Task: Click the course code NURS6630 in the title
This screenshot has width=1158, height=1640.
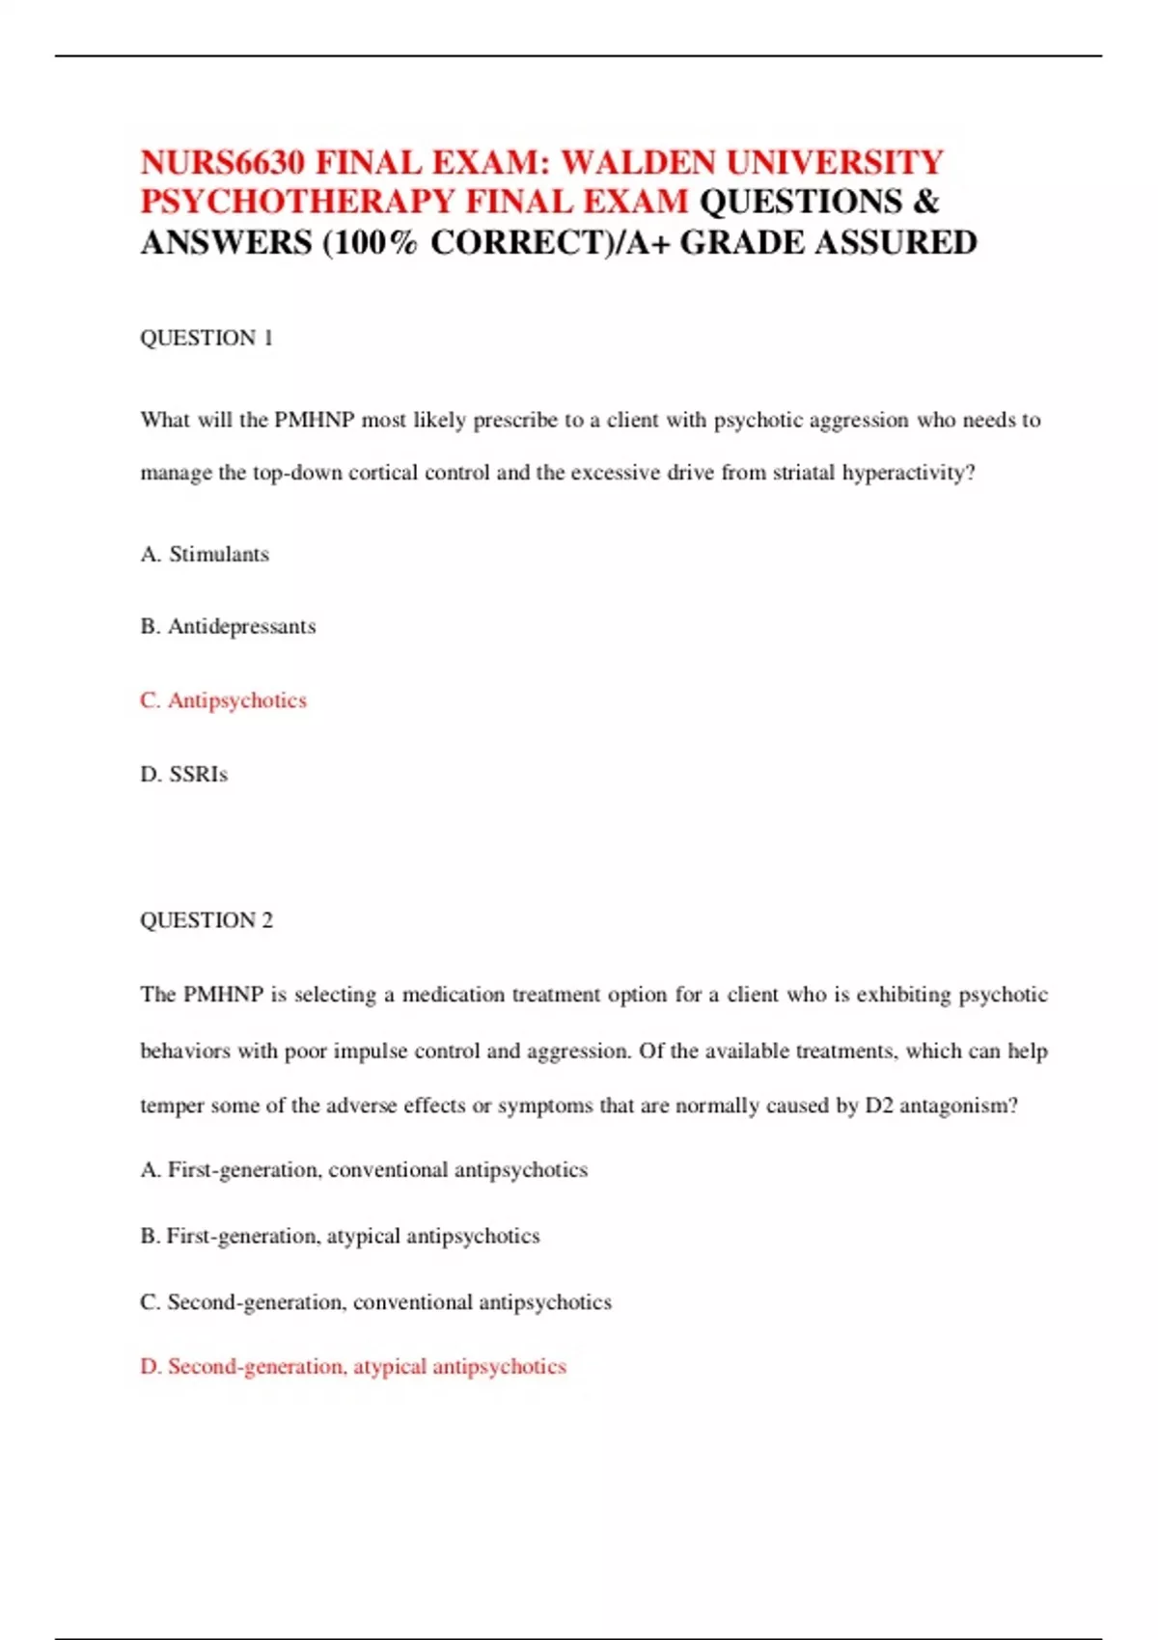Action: [223, 162]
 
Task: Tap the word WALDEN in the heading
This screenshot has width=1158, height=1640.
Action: [638, 162]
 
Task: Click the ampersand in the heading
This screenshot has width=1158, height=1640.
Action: [925, 202]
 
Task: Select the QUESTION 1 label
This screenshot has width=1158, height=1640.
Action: [207, 338]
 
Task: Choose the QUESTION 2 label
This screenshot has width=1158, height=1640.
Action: [207, 920]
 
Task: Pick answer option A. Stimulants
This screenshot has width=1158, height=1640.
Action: [205, 554]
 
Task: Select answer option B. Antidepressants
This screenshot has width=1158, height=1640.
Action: [228, 626]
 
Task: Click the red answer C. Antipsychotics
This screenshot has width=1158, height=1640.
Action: [223, 700]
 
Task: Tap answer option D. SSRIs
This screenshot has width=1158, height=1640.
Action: [184, 774]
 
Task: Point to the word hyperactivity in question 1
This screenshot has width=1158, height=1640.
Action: [908, 473]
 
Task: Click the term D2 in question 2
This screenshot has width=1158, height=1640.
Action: [878, 1106]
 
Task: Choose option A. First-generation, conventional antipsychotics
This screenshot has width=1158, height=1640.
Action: [364, 1170]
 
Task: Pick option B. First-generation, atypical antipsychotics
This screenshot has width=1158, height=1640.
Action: [340, 1236]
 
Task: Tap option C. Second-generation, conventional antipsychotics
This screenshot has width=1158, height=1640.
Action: [375, 1302]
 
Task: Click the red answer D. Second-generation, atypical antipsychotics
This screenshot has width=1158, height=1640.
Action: [353, 1367]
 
